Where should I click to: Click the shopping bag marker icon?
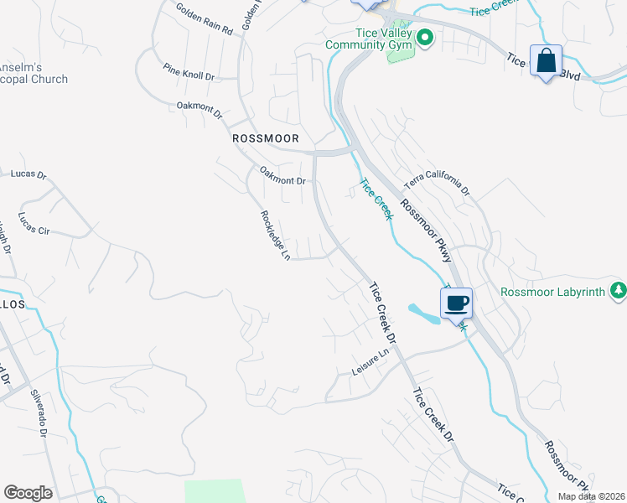pos(546,60)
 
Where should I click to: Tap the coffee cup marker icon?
pos(456,303)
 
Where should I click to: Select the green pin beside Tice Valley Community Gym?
pos(425,37)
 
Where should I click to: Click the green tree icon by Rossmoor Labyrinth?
pos(619,291)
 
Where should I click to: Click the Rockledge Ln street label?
pos(274,234)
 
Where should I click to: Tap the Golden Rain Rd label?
pos(204,18)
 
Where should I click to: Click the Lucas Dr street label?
pos(28,174)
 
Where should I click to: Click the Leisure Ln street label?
pos(372,363)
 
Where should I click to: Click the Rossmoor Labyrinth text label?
pos(552,292)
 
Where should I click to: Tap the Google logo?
pos(28,493)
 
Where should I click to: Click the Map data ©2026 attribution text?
pos(590,496)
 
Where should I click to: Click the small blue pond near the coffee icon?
pos(424,314)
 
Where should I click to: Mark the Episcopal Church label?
pos(34,79)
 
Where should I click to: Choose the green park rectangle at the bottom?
pos(215,490)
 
